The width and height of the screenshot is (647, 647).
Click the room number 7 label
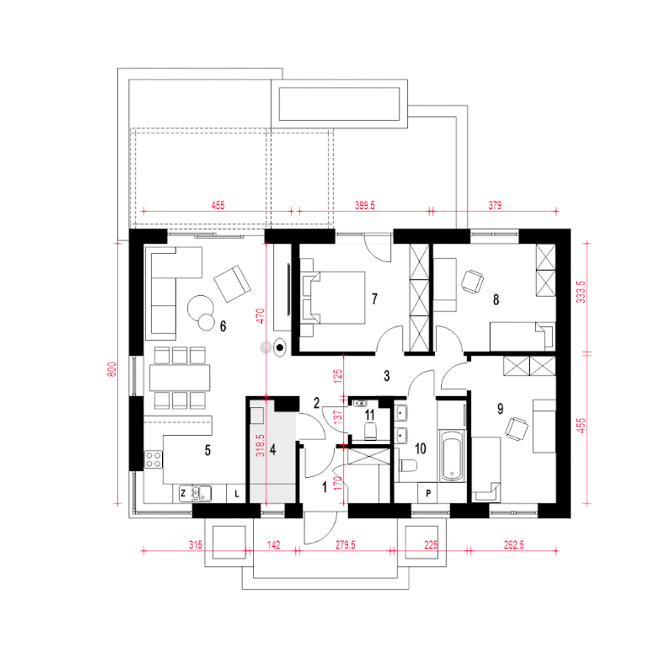coord(375,299)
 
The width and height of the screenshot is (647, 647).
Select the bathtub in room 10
coord(452,456)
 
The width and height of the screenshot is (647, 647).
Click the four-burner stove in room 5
coord(153,459)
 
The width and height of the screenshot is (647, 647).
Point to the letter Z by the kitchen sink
coord(183,493)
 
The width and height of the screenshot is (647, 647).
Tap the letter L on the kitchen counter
coord(237,493)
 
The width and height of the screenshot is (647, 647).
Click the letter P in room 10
coord(428,493)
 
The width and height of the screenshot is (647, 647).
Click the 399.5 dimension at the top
coord(364,205)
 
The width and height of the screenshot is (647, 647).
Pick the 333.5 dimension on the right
coord(581,292)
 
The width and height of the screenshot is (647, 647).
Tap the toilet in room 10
coord(408,466)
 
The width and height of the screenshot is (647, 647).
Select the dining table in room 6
coord(179,378)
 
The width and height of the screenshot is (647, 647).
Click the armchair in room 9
coord(517,428)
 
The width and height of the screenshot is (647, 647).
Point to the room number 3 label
coord(387,376)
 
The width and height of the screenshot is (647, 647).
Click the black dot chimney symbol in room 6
coord(279,347)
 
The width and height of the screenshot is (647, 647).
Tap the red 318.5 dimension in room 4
coord(260,445)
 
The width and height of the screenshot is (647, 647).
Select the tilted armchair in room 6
coord(233,284)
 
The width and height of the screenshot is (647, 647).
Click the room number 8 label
coord(496,300)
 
